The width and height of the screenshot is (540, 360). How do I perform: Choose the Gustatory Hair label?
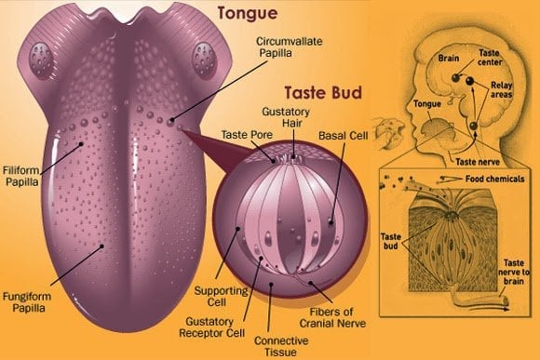point(292,117)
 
